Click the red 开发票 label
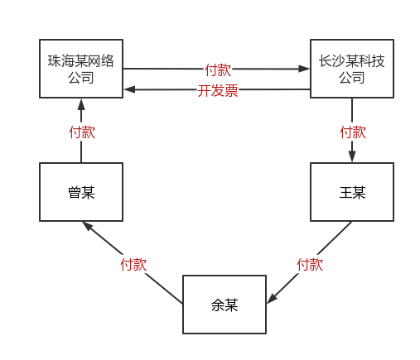tap(218, 90)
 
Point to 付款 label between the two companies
tap(218, 70)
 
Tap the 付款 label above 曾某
tap(82, 132)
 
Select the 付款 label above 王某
tap(353, 132)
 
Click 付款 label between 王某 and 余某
tap(310, 264)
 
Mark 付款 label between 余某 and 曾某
tap(133, 264)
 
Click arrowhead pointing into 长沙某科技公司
tap(304, 69)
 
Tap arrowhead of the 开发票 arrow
tap(129, 89)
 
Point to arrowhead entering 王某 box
tap(352, 156)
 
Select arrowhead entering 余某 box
tap(272, 299)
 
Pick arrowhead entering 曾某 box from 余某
tap(87, 226)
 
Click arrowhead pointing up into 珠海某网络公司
tap(81, 104)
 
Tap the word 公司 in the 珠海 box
tap(81, 78)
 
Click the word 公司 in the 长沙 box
tap(352, 78)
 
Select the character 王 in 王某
tap(345, 192)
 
